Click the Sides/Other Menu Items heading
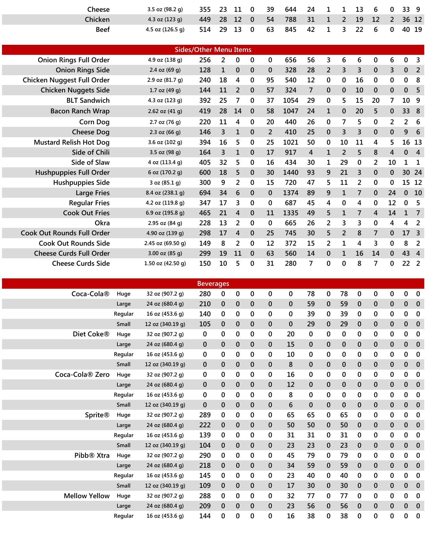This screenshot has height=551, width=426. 213,50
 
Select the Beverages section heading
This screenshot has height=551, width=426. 213,284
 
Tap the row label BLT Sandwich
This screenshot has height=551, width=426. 88,100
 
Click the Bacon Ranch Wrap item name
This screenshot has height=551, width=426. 80,111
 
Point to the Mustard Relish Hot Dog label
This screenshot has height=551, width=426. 71,142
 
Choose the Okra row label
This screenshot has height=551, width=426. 102,223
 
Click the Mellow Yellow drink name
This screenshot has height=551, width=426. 87,496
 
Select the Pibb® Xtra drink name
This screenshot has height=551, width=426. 92,455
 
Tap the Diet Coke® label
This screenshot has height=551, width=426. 91,334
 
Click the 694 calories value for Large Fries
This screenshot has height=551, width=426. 205,193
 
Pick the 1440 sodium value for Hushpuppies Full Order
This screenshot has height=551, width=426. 291,172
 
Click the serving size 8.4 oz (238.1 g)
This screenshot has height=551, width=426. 165,193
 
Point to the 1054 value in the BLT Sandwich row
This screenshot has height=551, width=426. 291,100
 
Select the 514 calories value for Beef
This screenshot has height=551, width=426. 205,30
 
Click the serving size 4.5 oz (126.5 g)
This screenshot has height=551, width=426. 165,30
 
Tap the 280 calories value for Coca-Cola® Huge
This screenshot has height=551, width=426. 205,294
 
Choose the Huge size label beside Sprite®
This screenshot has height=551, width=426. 123,415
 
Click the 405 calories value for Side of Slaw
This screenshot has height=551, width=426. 205,162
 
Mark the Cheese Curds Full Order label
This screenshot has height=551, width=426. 72,253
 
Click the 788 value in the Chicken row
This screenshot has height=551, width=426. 291,20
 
